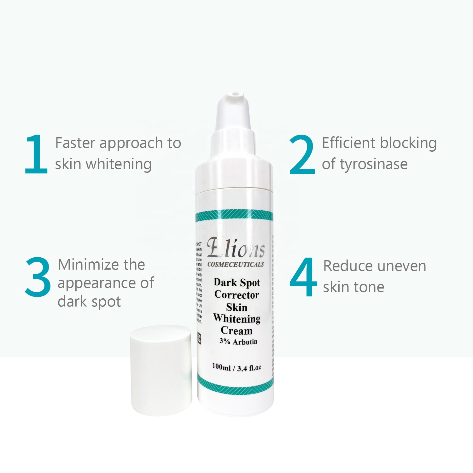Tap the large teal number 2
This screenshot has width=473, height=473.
pos(302,155)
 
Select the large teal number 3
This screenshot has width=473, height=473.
pos(38,277)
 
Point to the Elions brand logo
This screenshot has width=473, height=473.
pos(236,248)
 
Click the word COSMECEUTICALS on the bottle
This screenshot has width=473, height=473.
pos(236,265)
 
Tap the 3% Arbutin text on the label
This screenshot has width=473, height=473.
pos(238,342)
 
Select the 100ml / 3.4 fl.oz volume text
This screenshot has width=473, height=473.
pos(237,367)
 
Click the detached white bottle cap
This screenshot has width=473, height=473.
pos(161,371)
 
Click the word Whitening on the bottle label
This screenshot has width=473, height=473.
pos(237,318)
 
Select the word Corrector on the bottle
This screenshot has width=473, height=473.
pos(237,295)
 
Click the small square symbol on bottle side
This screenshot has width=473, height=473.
pos(199,338)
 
